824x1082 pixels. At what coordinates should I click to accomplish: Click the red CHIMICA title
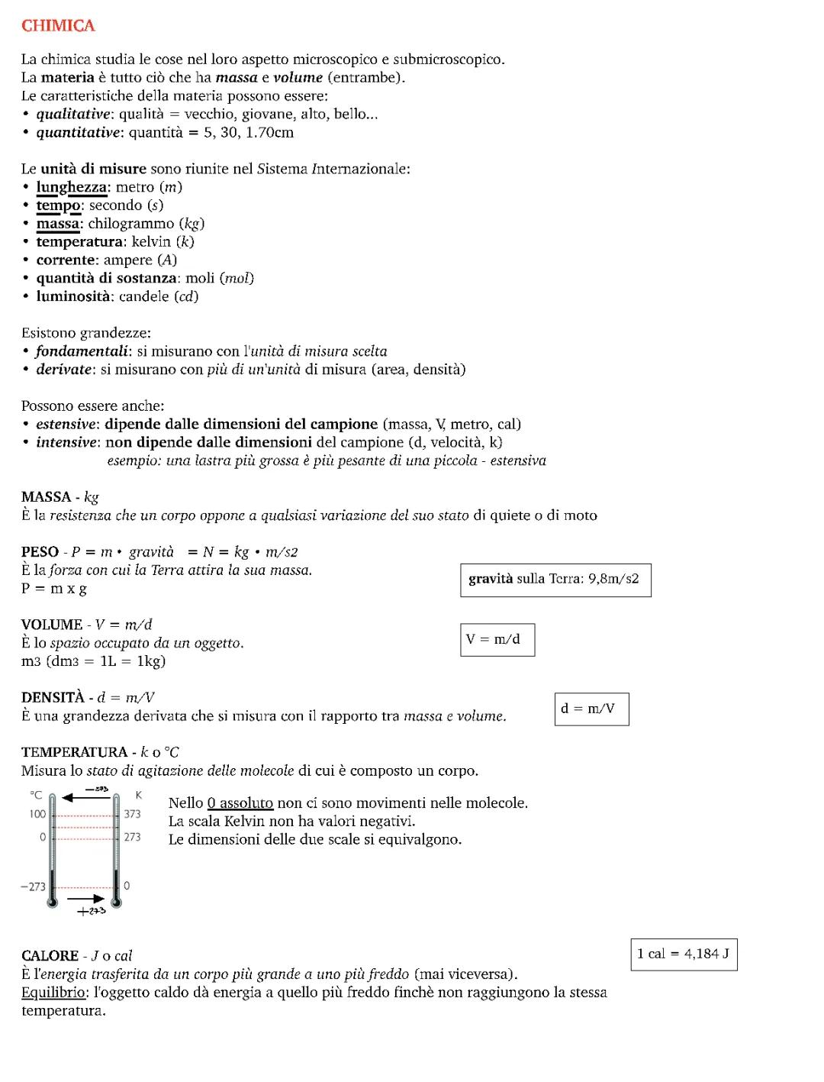(58, 26)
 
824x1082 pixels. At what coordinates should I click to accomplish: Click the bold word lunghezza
(72, 187)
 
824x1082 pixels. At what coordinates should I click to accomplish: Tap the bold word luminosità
(73, 297)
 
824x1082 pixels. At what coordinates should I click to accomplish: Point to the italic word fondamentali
(82, 351)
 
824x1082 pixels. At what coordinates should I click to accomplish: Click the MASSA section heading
(47, 497)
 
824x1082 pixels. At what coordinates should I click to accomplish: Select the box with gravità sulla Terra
(555, 580)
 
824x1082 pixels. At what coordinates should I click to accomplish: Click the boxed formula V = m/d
(497, 640)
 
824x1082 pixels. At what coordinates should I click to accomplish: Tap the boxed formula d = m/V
(591, 709)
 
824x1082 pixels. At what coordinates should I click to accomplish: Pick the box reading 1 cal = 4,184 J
(684, 954)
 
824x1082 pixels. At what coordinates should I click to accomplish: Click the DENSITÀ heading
(53, 698)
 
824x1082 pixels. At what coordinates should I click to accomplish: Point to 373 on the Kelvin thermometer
(132, 815)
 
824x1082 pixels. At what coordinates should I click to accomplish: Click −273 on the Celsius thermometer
(33, 887)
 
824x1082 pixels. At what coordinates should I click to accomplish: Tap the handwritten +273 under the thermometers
(92, 911)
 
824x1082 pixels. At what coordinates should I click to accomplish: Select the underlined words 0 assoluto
(240, 803)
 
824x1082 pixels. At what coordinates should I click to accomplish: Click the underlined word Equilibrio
(53, 993)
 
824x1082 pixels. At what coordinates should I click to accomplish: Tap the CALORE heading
(50, 956)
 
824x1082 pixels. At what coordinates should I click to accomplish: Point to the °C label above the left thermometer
(35, 796)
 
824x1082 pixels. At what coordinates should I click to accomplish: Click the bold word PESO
(40, 552)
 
